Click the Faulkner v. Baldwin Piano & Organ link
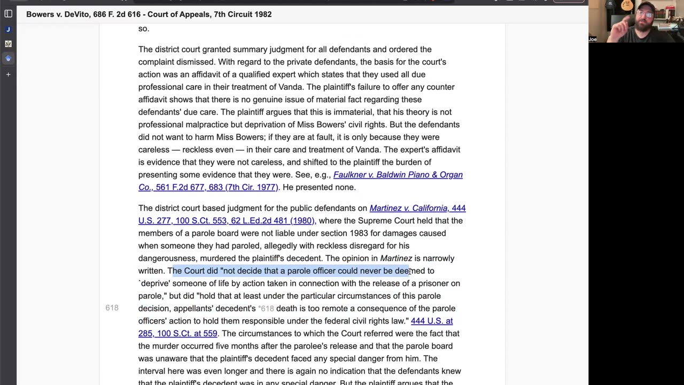pos(398,175)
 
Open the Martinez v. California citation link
pos(417,208)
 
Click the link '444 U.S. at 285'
pos(431,321)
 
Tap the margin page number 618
pos(112,308)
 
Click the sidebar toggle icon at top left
pos(8,14)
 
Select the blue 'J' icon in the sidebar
pos(8,29)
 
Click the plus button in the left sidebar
pos(8,74)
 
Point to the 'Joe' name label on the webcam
pos(593,39)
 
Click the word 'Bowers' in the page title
pos(41,14)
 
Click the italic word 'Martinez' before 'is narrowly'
pos(395,258)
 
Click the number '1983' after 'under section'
pos(359,233)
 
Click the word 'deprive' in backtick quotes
pos(155,283)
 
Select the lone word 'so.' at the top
pos(144,28)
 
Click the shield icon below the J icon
pos(8,44)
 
